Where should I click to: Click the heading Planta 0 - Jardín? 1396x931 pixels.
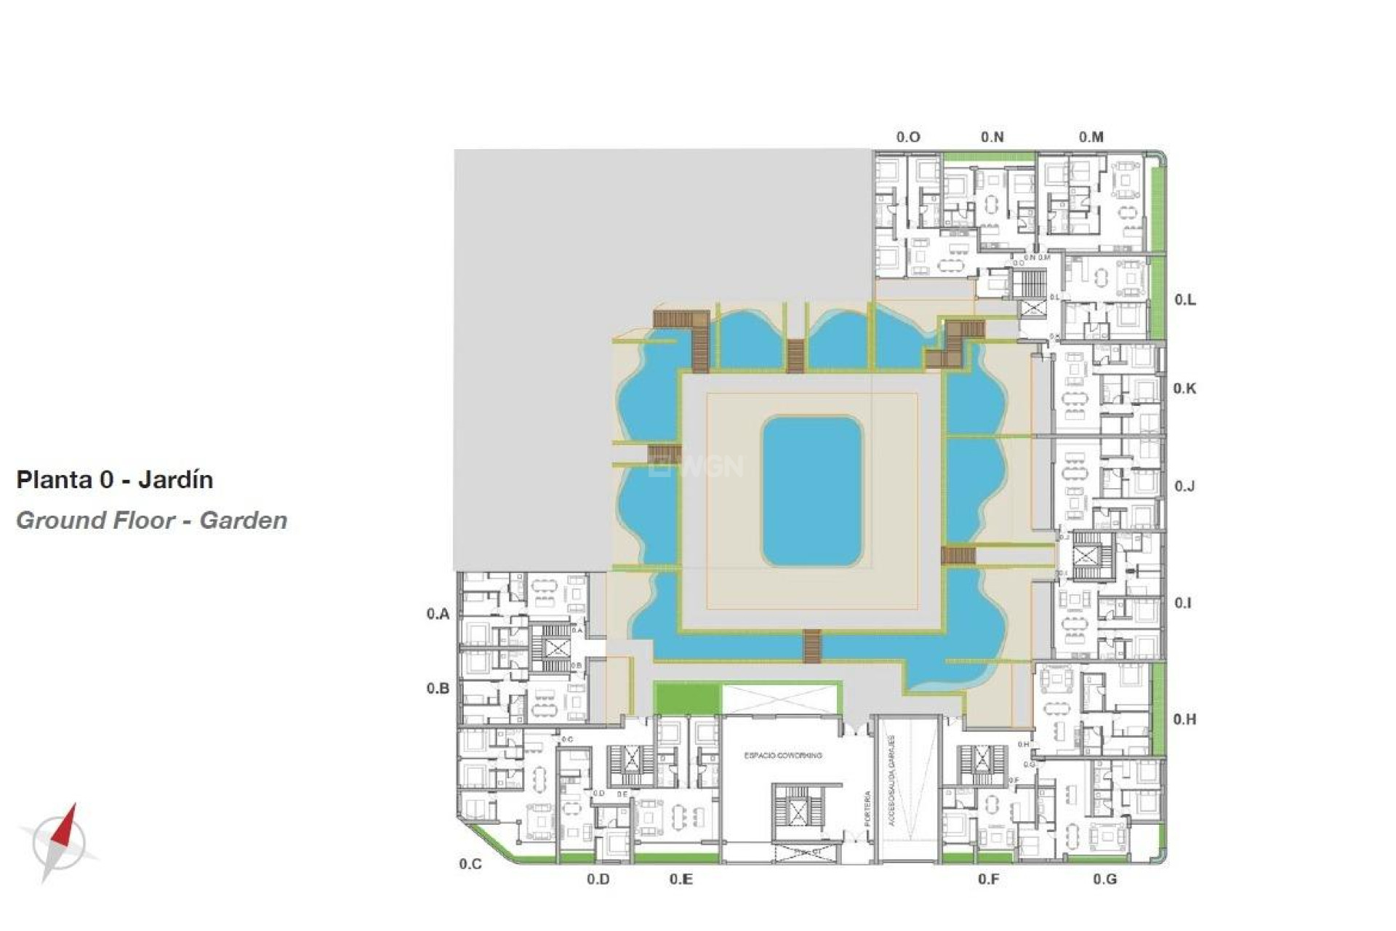(115, 480)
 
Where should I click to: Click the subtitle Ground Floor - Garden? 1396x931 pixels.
(152, 521)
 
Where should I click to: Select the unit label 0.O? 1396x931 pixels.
(908, 137)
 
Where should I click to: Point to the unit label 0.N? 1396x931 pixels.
(992, 137)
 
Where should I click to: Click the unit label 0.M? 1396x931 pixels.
(1091, 137)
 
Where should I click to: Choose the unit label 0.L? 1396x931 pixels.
(1185, 300)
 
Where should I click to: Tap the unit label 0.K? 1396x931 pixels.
(1185, 388)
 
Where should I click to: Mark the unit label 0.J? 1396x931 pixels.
(1185, 486)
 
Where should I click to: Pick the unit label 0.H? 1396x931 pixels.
(1185, 719)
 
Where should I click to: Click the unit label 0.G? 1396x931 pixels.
(1104, 879)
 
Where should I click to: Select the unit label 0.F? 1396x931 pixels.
(988, 879)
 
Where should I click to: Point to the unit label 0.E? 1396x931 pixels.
(681, 879)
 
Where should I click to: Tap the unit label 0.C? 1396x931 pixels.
(470, 864)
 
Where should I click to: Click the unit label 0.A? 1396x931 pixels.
(438, 614)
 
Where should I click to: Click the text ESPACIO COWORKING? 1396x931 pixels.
(783, 756)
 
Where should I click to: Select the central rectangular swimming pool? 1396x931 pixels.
(812, 491)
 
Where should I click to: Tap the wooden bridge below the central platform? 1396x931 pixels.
(812, 647)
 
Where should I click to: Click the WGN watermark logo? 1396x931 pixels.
(698, 465)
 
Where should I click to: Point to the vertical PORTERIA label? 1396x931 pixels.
(867, 808)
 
